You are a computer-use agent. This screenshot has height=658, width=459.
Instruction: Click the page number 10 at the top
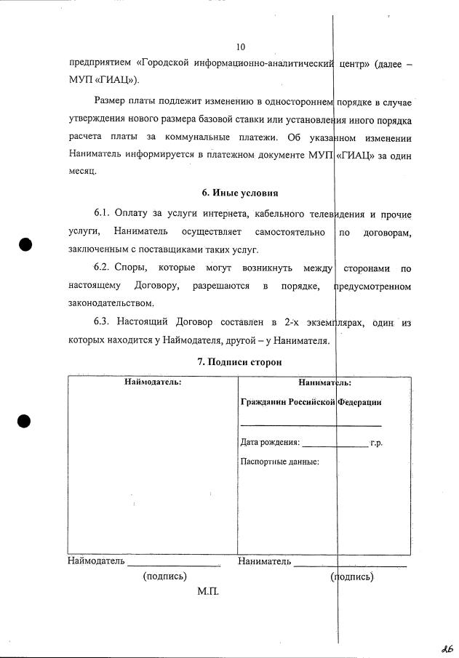coord(241,47)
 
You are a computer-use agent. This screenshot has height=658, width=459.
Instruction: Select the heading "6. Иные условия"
coord(240,193)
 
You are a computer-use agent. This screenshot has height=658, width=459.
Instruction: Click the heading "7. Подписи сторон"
coord(240,361)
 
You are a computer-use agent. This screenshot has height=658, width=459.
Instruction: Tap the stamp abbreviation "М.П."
coord(207,593)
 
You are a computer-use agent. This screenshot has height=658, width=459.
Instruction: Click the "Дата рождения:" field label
coord(269,442)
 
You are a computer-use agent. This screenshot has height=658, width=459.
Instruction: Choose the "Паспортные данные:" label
coord(279,461)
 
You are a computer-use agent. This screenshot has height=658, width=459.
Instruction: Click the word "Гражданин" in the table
coord(263,401)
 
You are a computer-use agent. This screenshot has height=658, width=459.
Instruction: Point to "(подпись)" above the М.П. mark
coord(166,577)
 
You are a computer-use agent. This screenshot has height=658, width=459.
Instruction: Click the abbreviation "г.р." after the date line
coord(376,442)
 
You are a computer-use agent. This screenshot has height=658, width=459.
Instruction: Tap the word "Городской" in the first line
coord(171,64)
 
